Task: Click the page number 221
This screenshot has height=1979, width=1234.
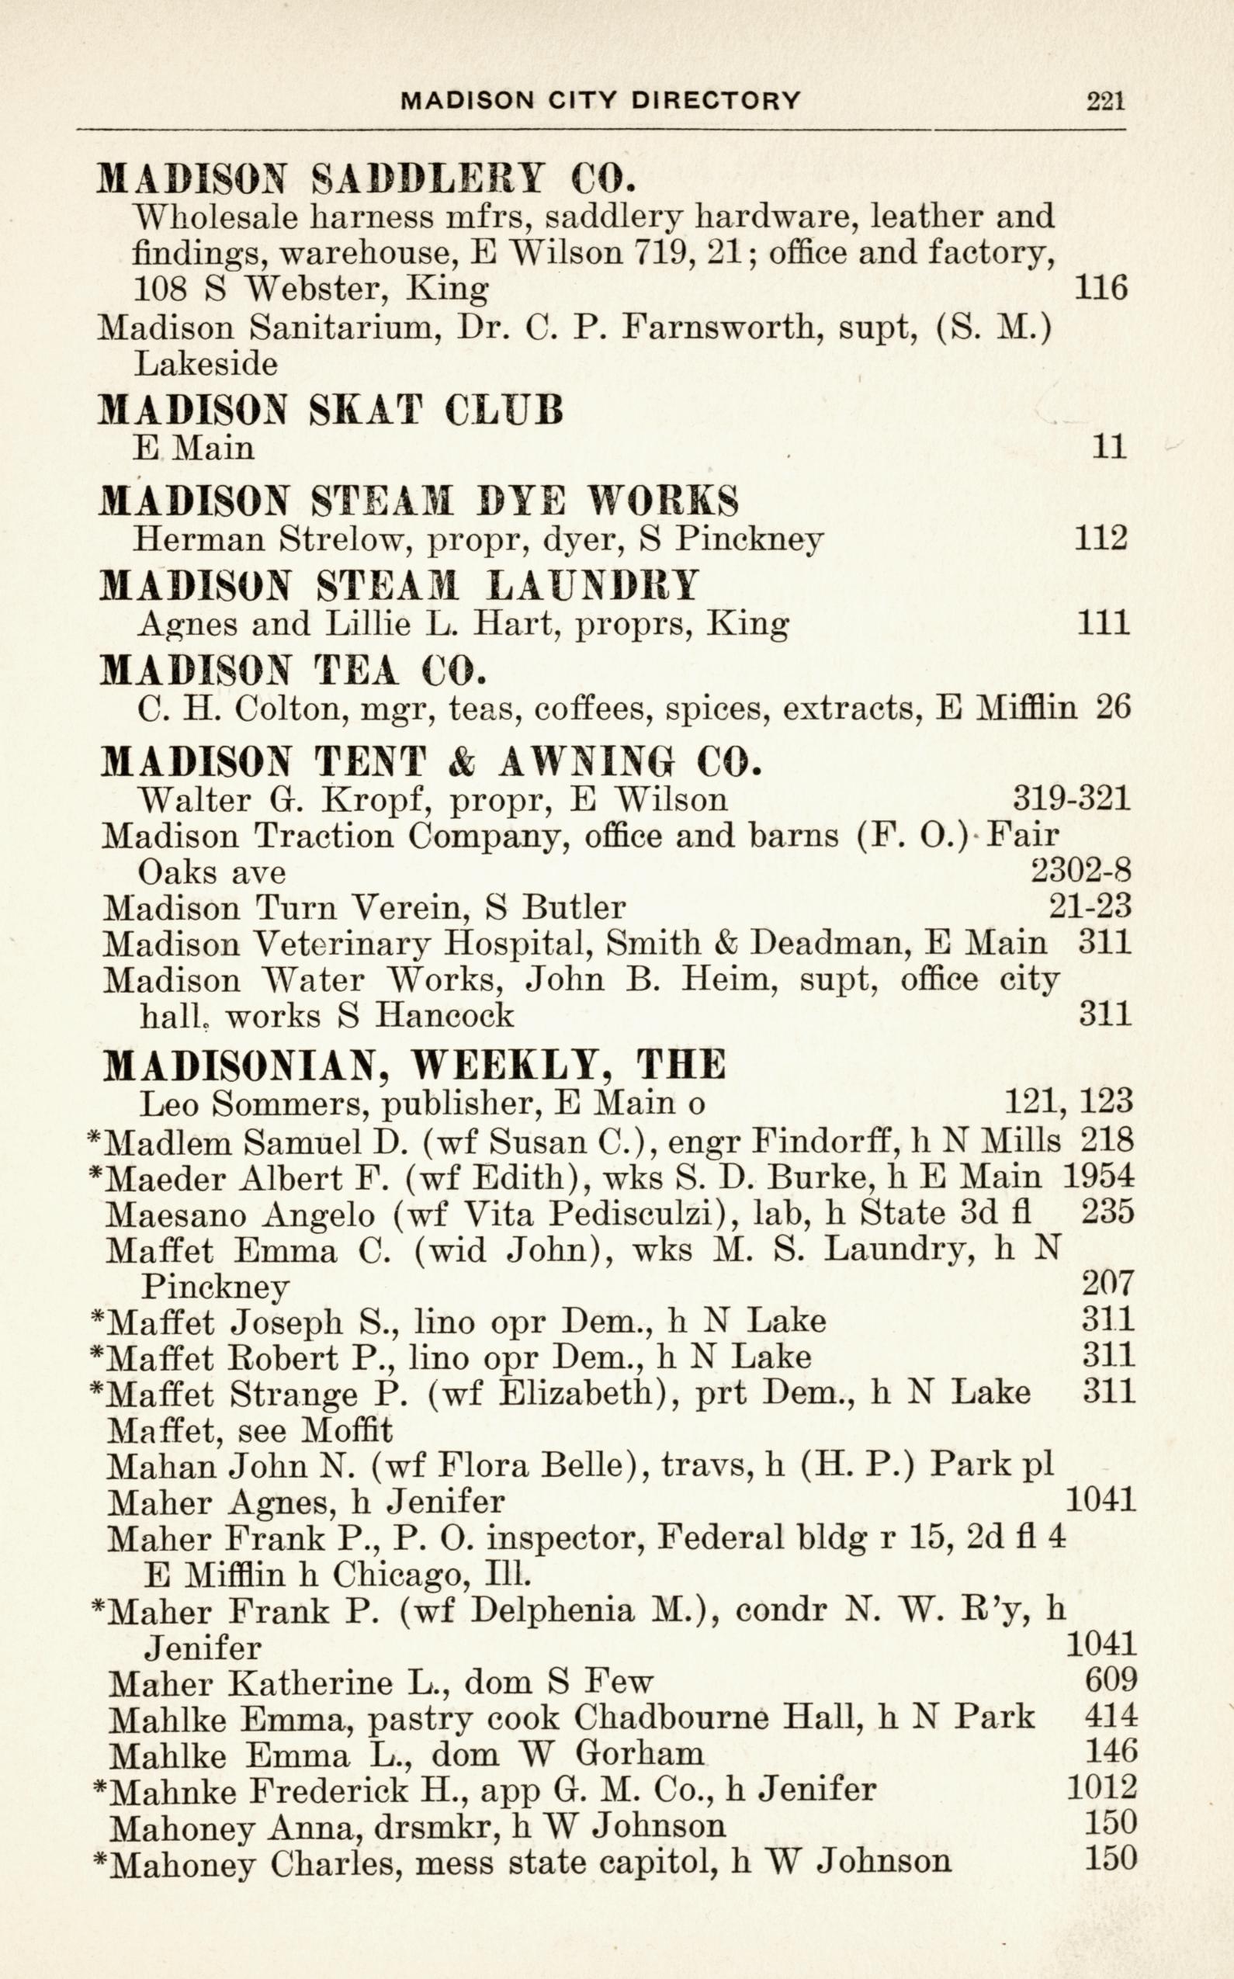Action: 1106,100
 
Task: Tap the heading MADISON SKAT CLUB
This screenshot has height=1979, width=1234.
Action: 331,410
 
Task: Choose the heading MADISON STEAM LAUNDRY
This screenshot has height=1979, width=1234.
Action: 398,585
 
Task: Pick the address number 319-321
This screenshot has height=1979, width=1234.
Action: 1072,798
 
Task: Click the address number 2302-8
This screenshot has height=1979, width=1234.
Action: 1080,872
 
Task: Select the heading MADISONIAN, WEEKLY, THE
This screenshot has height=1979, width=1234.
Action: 414,1064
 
